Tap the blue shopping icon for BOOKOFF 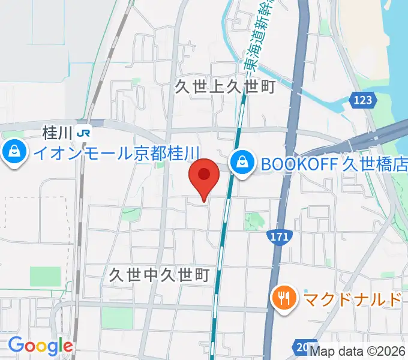pyautogui.click(x=241, y=162)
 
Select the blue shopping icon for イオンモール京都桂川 pyautogui.click(x=13, y=153)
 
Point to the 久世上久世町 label pyautogui.click(x=224, y=87)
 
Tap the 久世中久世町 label pyautogui.click(x=159, y=275)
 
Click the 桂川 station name pyautogui.click(x=58, y=131)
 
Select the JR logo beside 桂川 pyautogui.click(x=86, y=131)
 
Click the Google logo pyautogui.click(x=40, y=346)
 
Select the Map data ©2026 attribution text pyautogui.click(x=358, y=352)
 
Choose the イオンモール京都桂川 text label pyautogui.click(x=116, y=153)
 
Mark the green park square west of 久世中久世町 pyautogui.click(x=46, y=277)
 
